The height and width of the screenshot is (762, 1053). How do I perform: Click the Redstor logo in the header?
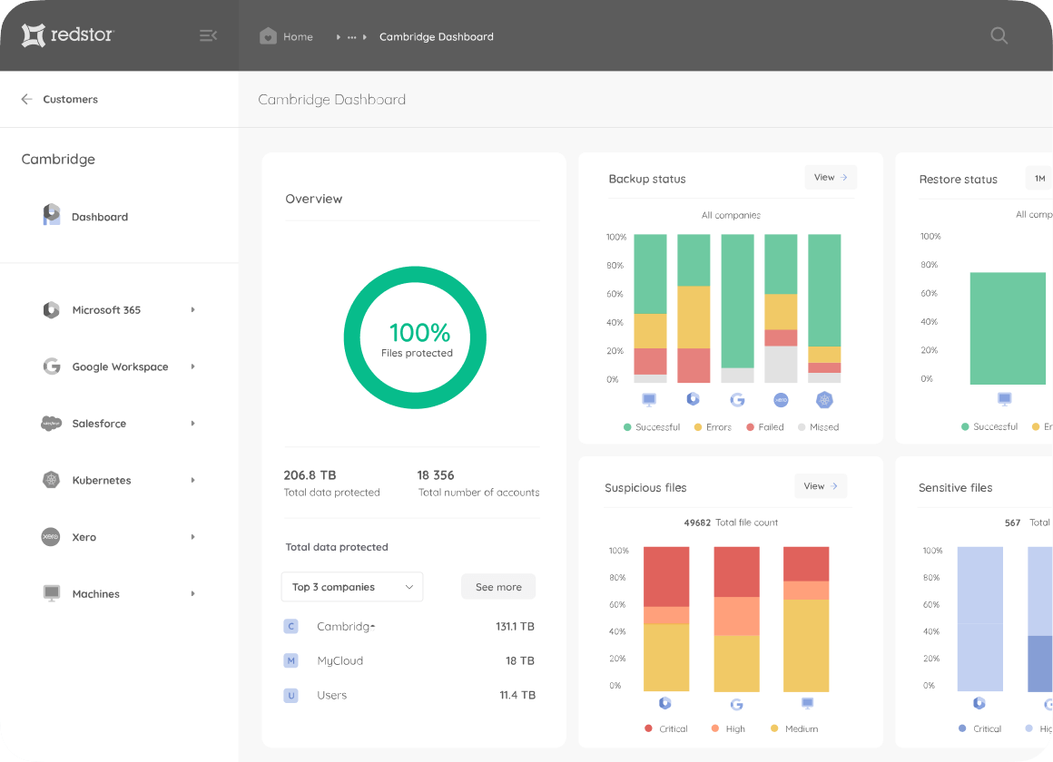pyautogui.click(x=68, y=35)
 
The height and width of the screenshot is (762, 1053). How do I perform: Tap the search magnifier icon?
pyautogui.click(x=999, y=36)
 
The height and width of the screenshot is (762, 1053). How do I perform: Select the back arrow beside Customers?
pyautogui.click(x=26, y=100)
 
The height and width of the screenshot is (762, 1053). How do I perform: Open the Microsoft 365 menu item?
pyautogui.click(x=106, y=310)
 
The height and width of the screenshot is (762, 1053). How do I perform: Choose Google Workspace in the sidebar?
pyautogui.click(x=120, y=367)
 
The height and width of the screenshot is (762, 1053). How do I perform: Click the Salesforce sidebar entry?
pyautogui.click(x=99, y=424)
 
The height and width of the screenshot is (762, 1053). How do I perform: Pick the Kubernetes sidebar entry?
pyautogui.click(x=102, y=481)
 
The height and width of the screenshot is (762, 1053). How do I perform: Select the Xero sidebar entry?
pyautogui.click(x=84, y=537)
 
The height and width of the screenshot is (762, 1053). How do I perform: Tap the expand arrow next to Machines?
pyautogui.click(x=192, y=594)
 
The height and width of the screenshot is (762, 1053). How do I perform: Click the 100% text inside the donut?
pyautogui.click(x=419, y=332)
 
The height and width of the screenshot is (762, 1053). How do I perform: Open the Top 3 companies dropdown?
pyautogui.click(x=352, y=587)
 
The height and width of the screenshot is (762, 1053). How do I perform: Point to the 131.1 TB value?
pyautogui.click(x=515, y=627)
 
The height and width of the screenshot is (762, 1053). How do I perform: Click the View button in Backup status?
pyautogui.click(x=831, y=178)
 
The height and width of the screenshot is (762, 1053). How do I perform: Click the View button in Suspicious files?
pyautogui.click(x=821, y=486)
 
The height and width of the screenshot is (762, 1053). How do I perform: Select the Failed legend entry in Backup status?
pyautogui.click(x=764, y=427)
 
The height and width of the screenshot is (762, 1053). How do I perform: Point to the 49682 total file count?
pyautogui.click(x=696, y=523)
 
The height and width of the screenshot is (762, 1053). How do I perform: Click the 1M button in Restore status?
pyautogui.click(x=1039, y=179)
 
